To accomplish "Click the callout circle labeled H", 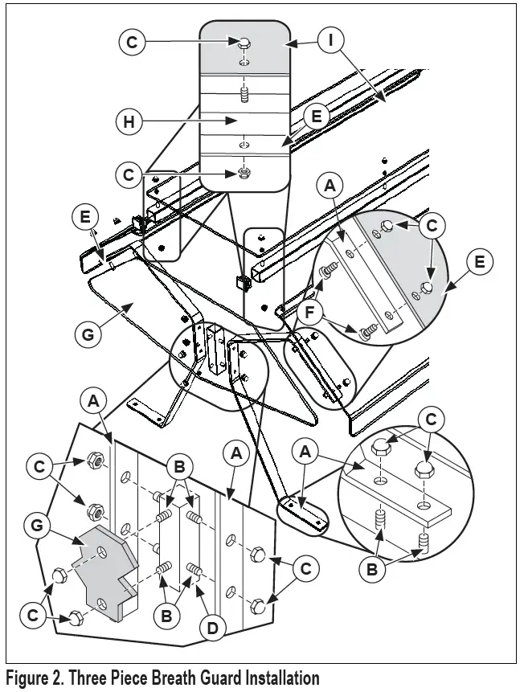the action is (129, 121).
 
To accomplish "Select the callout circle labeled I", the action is (330, 40).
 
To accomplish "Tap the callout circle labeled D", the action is (213, 627).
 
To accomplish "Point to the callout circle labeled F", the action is (310, 313).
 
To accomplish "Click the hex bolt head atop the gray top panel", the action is (244, 43).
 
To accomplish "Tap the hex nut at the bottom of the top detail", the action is (243, 172).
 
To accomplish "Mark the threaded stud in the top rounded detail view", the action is (244, 95).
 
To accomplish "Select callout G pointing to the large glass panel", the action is (88, 334).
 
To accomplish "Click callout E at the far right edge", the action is (479, 262).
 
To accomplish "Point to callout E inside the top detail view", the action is (316, 116).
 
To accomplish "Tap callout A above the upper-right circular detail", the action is (330, 186).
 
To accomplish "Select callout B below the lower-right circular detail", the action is (371, 569).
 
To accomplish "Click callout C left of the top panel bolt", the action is (132, 42).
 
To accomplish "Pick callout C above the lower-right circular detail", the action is (431, 419).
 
